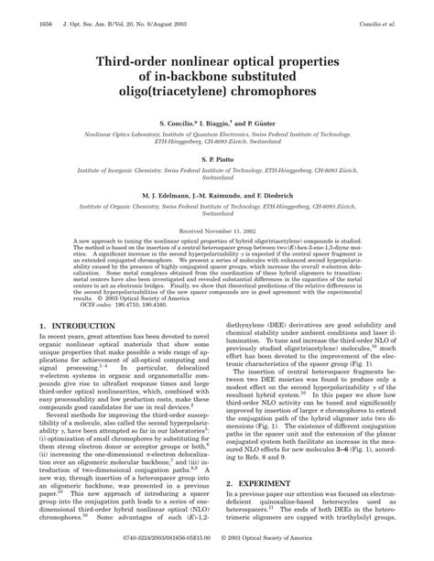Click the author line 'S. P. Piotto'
[x=217, y=158]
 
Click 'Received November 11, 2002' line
[x=217, y=233]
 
